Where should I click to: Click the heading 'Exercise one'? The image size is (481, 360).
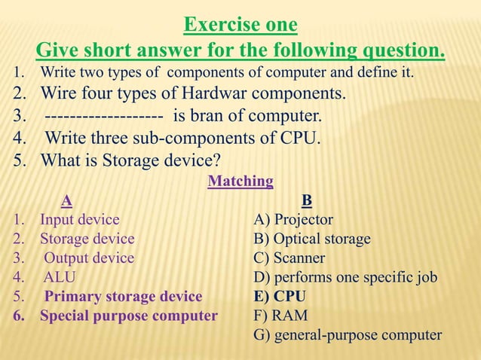click(240, 26)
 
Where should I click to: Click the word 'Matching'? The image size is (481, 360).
click(240, 182)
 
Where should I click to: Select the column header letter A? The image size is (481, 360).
click(67, 201)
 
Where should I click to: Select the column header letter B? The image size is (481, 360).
click(306, 201)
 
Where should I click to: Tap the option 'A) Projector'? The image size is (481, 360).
click(293, 220)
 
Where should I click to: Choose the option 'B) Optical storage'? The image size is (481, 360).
click(312, 239)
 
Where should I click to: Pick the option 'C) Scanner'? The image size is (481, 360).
click(290, 258)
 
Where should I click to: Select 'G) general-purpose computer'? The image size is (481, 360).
click(348, 335)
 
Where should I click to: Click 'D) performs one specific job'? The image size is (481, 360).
click(345, 278)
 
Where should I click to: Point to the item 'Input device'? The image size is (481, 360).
click(79, 220)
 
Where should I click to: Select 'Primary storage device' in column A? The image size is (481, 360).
click(123, 296)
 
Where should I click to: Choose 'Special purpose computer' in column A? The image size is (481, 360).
click(128, 316)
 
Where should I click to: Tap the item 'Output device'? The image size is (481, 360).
click(89, 258)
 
